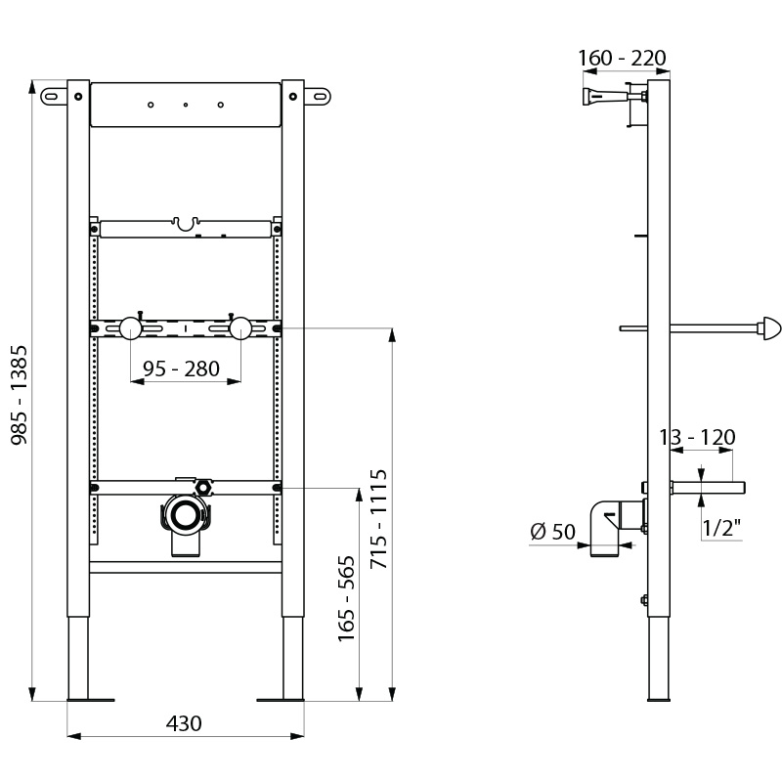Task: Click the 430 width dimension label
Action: [184, 723]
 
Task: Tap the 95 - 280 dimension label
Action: [181, 369]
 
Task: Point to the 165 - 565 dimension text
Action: [346, 589]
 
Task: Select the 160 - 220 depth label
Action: [622, 59]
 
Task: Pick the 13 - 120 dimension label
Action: [697, 437]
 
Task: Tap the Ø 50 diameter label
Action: [552, 532]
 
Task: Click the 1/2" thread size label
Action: [722, 529]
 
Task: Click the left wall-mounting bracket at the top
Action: [55, 96]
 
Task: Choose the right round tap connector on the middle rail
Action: [241, 327]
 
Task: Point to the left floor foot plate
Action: [90, 698]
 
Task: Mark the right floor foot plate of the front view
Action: [281, 698]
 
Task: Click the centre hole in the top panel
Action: [185, 105]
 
